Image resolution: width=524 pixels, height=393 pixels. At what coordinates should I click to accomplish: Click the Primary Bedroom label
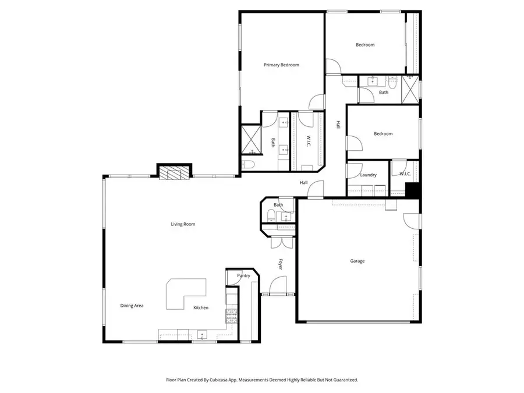(x=281, y=65)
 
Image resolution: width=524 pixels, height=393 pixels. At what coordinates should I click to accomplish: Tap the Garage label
(x=357, y=261)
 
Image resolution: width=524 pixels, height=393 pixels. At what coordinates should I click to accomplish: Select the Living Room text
(x=183, y=224)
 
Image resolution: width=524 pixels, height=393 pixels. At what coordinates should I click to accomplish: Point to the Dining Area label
(x=132, y=306)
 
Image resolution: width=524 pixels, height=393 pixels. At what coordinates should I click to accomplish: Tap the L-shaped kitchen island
(x=185, y=293)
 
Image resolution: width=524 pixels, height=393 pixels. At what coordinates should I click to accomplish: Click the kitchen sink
(x=202, y=334)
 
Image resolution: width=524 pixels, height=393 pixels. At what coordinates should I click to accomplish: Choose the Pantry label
(x=243, y=276)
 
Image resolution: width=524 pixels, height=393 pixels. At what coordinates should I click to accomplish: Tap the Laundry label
(x=368, y=175)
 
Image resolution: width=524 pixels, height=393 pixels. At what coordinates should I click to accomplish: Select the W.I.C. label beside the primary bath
(x=309, y=141)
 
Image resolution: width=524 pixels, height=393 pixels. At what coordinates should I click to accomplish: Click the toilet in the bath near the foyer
(x=270, y=216)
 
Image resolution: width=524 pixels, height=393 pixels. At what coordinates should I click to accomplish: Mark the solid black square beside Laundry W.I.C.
(x=413, y=190)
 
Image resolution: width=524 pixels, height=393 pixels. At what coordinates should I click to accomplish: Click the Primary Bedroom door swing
(x=316, y=102)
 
